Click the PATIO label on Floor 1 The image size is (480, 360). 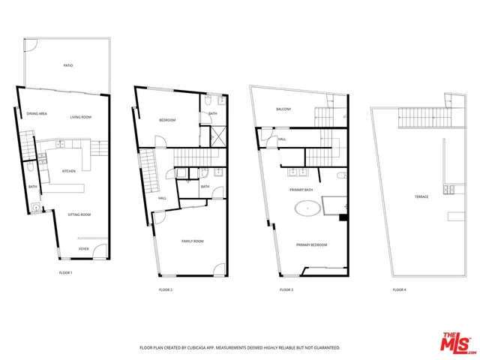pyautogui.click(x=67, y=66)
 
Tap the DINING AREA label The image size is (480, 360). pyautogui.click(x=37, y=113)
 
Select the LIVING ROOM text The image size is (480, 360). pyautogui.click(x=80, y=117)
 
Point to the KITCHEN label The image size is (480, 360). pyautogui.click(x=69, y=171)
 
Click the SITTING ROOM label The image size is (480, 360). pyautogui.click(x=79, y=214)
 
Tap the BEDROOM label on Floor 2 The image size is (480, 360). pyautogui.click(x=166, y=120)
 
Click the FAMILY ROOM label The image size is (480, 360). pyautogui.click(x=193, y=241)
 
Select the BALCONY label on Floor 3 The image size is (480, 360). pyautogui.click(x=283, y=109)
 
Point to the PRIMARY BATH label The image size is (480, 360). pyautogui.click(x=301, y=190)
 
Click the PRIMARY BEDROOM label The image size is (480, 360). pyautogui.click(x=311, y=244)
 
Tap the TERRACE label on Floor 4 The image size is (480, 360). pyautogui.click(x=421, y=196)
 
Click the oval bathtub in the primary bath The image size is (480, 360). pyautogui.click(x=306, y=208)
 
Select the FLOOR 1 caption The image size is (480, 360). pyautogui.click(x=65, y=272)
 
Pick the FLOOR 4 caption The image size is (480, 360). pyautogui.click(x=399, y=289)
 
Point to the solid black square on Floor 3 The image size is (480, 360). pyautogui.click(x=343, y=218)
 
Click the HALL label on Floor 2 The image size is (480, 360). pyautogui.click(x=162, y=198)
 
